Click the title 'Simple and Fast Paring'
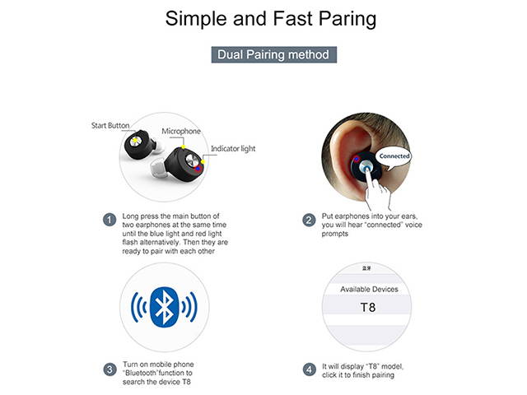(263, 18)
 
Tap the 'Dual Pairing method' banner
(273, 55)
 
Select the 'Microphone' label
(181, 132)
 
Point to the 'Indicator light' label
(234, 149)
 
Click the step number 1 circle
(109, 220)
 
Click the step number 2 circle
(309, 220)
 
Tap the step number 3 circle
(109, 369)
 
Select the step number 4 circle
(309, 369)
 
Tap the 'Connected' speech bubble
(394, 156)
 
